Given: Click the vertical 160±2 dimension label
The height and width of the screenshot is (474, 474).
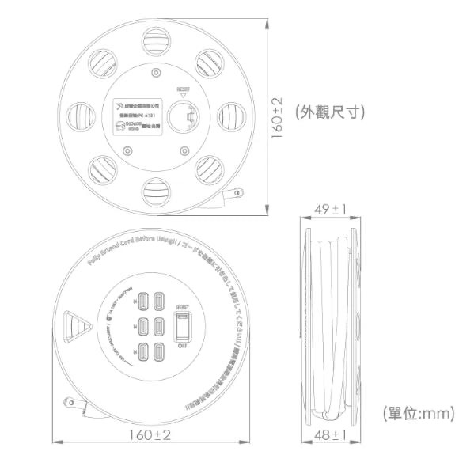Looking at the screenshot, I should [277, 119].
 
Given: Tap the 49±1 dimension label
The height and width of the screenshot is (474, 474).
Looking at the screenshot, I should [329, 209].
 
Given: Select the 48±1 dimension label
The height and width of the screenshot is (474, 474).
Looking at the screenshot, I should [329, 436].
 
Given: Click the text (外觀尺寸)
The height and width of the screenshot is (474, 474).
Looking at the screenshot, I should [329, 112].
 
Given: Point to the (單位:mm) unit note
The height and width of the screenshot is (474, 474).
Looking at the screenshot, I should [417, 413].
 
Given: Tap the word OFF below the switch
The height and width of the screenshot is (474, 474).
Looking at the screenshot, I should [182, 346].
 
